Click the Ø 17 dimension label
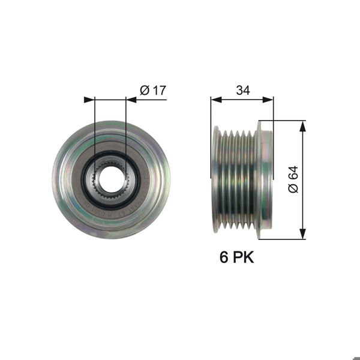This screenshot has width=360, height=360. pyautogui.click(x=153, y=90)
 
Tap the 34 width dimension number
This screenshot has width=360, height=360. pyautogui.click(x=242, y=90)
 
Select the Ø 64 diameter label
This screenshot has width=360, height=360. pyautogui.click(x=293, y=179)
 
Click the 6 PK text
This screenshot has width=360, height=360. pyautogui.click(x=237, y=257)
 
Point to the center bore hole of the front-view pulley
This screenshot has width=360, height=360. pyautogui.click(x=110, y=179)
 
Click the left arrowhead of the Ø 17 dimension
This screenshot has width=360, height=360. pyautogui.click(x=89, y=100)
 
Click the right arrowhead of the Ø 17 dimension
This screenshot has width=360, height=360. pyautogui.click(x=131, y=100)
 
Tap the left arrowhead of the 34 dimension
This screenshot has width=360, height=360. pyautogui.click(x=216, y=100)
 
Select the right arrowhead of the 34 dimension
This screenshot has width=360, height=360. pyautogui.click(x=268, y=100)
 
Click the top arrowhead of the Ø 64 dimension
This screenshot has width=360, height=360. pyautogui.click(x=303, y=126)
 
